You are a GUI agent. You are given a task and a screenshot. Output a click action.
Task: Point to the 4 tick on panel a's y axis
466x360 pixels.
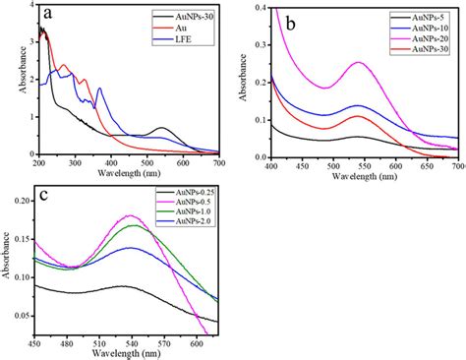(x=28, y=7)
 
